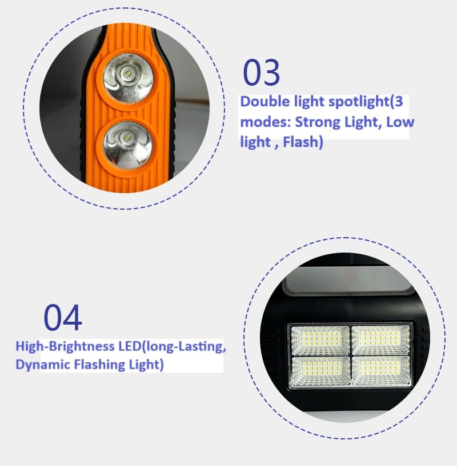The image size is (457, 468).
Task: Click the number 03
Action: click(x=261, y=72)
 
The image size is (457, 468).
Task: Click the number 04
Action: click(x=63, y=317)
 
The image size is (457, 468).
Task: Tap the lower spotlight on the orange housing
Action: click(x=127, y=145)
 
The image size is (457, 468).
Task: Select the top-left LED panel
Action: click(x=320, y=340)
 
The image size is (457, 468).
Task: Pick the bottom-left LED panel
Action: click(x=321, y=371)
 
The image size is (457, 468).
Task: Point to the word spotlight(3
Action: click(x=366, y=102)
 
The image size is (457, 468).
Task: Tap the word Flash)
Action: click(x=303, y=142)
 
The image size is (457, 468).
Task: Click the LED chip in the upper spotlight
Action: click(x=127, y=73)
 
